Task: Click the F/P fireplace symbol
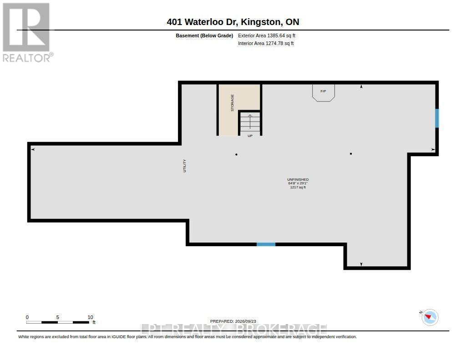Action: click(324, 93)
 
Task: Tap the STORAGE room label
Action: click(233, 103)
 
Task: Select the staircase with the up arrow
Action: click(250, 123)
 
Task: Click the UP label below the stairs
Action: click(250, 136)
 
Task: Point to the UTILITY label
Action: click(185, 166)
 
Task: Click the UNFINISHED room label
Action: click(298, 180)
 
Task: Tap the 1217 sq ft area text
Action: click(298, 188)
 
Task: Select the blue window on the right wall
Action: click(437, 118)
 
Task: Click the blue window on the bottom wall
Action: click(266, 244)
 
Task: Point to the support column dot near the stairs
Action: click(236, 155)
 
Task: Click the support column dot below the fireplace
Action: click(351, 154)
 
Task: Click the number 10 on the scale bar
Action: click(91, 317)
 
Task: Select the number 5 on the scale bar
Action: click(58, 317)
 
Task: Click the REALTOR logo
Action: click(27, 32)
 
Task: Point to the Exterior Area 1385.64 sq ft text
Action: click(267, 35)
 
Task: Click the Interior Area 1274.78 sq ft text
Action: click(266, 43)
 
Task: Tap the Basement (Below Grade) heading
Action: click(204, 35)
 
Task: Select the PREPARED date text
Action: click(233, 321)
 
